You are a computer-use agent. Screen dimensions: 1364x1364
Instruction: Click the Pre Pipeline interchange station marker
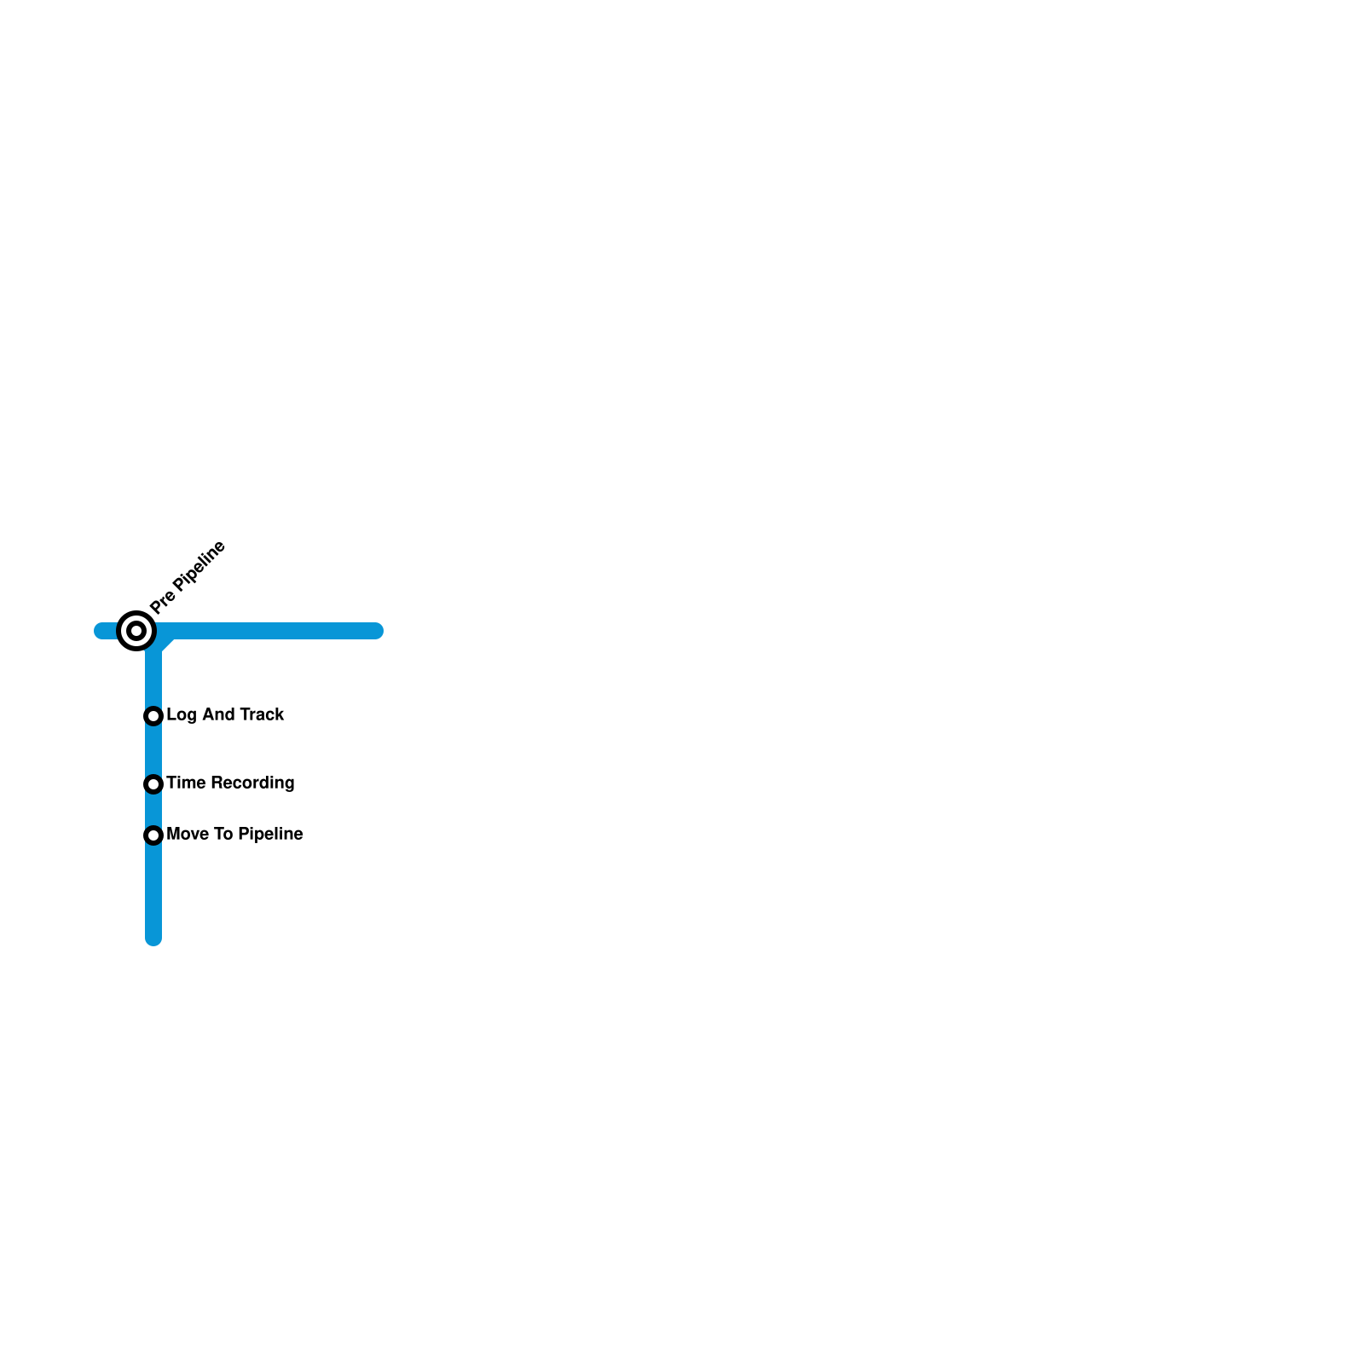click(x=136, y=631)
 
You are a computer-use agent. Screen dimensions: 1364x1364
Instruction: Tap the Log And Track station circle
click(x=153, y=716)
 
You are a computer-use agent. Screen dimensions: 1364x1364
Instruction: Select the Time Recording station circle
click(x=153, y=784)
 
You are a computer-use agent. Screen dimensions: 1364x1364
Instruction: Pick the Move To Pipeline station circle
click(x=153, y=835)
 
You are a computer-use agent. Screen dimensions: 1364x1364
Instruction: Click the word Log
click(x=181, y=715)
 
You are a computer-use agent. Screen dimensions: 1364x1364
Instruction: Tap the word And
click(x=218, y=714)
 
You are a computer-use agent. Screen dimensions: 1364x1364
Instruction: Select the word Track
click(x=262, y=714)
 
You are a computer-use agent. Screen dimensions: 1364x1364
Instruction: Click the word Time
click(x=185, y=783)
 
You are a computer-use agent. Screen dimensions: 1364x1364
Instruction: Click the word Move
click(x=188, y=834)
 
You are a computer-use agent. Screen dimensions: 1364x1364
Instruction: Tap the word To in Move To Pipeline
click(x=223, y=834)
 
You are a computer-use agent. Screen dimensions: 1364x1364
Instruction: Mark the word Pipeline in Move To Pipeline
click(x=270, y=834)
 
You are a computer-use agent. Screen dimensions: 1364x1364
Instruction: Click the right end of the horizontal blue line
click(x=377, y=631)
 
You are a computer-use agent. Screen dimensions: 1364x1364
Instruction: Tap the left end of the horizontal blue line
click(x=100, y=631)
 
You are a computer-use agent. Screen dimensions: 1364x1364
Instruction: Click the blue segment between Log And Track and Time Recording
click(x=153, y=750)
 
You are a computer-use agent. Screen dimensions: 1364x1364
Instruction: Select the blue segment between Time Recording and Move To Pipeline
click(x=153, y=810)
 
